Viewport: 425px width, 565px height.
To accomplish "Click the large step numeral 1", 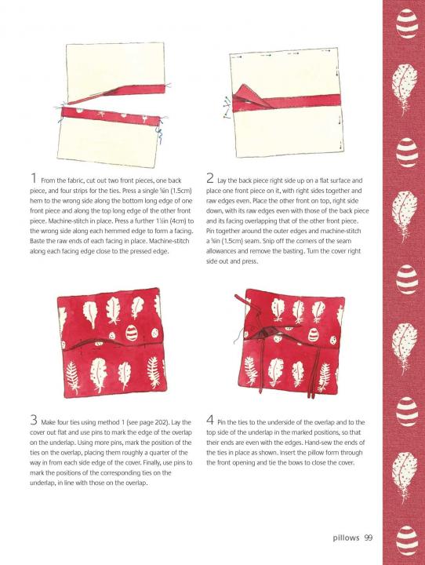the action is pyautogui.click(x=34, y=179).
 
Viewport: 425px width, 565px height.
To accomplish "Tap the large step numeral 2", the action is pyautogui.click(x=210, y=179).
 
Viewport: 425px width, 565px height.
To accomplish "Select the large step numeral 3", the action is pyautogui.click(x=34, y=420).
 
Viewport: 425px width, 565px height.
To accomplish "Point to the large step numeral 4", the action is pyautogui.click(x=210, y=420).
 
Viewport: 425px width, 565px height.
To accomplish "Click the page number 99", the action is pyautogui.click(x=368, y=538).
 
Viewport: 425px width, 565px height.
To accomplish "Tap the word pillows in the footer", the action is pyautogui.click(x=346, y=538).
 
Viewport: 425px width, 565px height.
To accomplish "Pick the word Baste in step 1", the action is pyautogui.click(x=37, y=241).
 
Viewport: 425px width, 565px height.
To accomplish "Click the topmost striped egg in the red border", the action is pyautogui.click(x=407, y=24).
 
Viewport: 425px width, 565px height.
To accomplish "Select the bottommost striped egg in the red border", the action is pyautogui.click(x=407, y=540).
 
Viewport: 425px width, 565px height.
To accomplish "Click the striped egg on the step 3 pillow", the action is pyautogui.click(x=132, y=332).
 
